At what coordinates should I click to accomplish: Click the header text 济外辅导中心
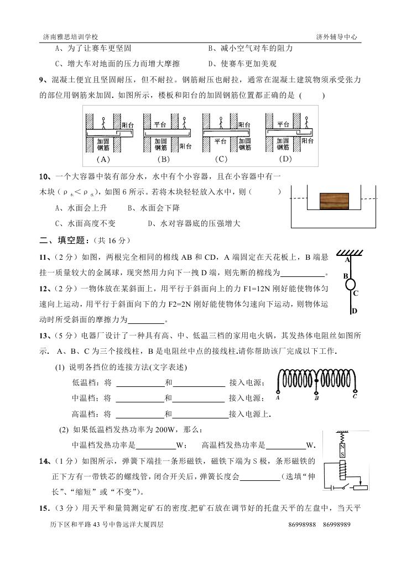pos(336,36)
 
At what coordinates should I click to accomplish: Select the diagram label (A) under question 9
pos(103,160)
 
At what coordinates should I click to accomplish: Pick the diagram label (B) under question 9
pos(163,160)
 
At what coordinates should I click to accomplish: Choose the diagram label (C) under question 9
pos(221,160)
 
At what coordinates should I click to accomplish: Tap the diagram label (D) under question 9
pos(285,160)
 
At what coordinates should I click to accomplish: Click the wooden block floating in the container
pos(335,200)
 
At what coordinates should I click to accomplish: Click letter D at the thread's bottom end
pos(355,311)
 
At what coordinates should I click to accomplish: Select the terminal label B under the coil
pos(316,397)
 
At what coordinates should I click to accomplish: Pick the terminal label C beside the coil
pos(355,396)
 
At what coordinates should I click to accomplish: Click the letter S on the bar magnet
pos(342,454)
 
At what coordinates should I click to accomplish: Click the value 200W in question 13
pos(173,429)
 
